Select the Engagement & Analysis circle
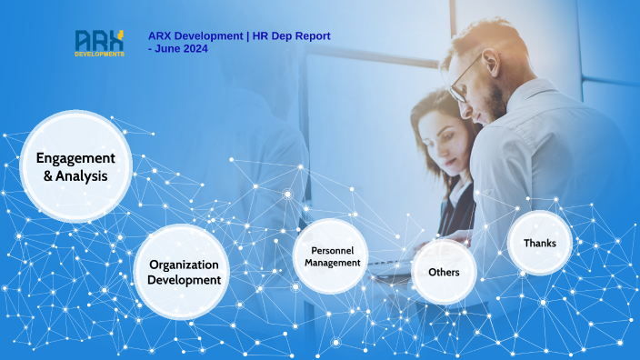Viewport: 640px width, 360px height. click(75, 166)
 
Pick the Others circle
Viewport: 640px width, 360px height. click(445, 272)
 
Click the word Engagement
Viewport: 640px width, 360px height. click(75, 157)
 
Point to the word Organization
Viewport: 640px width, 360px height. click(185, 265)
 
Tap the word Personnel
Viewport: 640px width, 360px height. click(333, 250)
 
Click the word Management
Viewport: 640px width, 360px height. click(333, 263)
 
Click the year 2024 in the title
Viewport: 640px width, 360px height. click(194, 48)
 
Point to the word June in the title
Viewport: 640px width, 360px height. click(166, 48)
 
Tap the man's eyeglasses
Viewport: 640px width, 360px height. click(465, 76)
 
